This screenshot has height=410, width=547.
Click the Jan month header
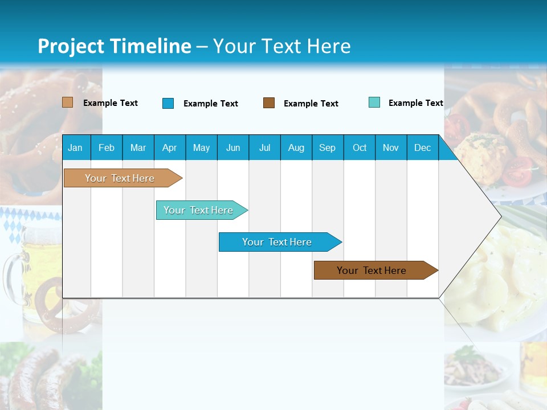(75, 148)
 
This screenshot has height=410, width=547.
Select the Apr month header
(169, 148)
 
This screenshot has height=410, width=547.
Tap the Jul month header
(264, 148)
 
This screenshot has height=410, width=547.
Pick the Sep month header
(327, 148)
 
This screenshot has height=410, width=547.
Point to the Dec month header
(422, 148)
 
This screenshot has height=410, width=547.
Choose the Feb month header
(107, 148)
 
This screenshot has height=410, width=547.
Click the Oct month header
(360, 148)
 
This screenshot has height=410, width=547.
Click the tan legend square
(68, 102)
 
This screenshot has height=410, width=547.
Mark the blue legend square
(168, 103)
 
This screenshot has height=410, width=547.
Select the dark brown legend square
(269, 103)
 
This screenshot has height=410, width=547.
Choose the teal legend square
(374, 102)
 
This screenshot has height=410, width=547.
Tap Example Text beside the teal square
(415, 103)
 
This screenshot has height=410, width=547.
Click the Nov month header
(391, 148)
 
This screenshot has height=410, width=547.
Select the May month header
(201, 148)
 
